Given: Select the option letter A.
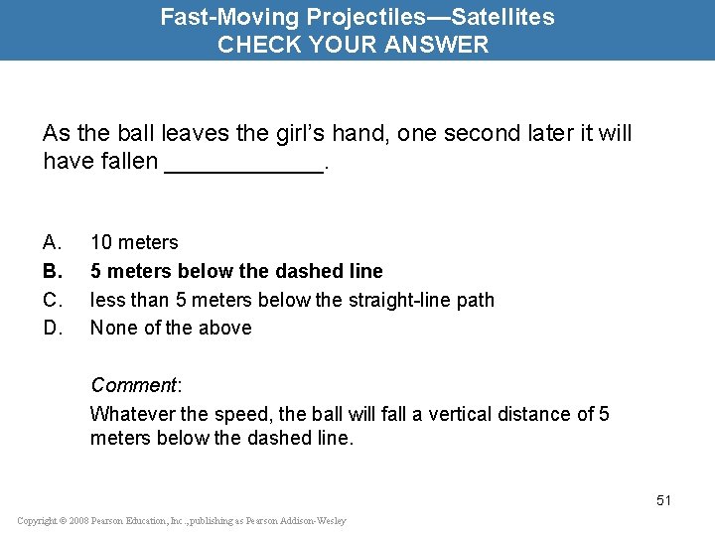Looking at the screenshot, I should pyautogui.click(x=52, y=242).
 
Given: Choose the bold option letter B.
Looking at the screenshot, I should pyautogui.click(x=52, y=271).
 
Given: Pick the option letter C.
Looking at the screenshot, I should pyautogui.click(x=52, y=300).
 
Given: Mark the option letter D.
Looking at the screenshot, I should pyautogui.click(x=52, y=328).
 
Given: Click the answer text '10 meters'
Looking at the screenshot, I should pyautogui.click(x=134, y=242).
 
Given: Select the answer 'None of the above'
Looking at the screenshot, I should pyautogui.click(x=171, y=328).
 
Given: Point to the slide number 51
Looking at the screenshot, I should pyautogui.click(x=663, y=500).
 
